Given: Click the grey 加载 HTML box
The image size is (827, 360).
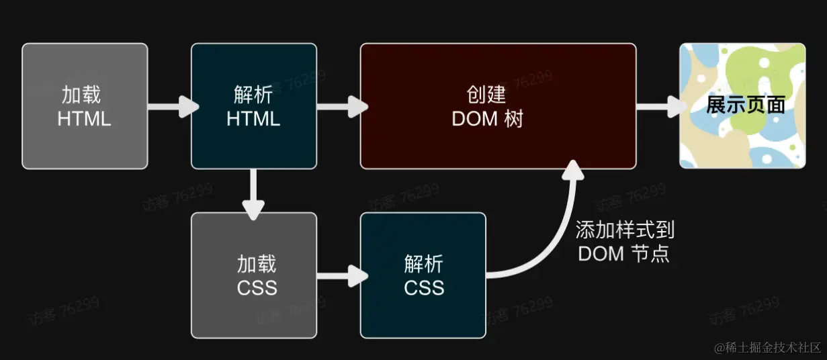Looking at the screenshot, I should click(x=85, y=106).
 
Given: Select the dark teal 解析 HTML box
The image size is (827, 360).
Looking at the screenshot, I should click(x=254, y=106).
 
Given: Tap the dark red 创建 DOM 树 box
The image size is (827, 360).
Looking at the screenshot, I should click(x=498, y=106).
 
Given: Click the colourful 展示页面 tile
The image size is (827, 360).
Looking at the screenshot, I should click(x=742, y=106).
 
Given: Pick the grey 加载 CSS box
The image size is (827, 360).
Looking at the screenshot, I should click(x=254, y=275).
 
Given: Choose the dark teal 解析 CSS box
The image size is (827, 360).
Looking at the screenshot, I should click(x=423, y=275).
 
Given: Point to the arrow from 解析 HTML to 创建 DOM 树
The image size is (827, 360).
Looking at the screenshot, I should click(x=341, y=106).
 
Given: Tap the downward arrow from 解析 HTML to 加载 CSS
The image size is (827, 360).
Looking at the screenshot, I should click(x=253, y=193).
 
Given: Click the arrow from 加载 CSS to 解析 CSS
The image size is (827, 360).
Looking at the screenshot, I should click(x=341, y=275).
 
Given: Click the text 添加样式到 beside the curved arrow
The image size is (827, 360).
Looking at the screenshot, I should click(x=625, y=230).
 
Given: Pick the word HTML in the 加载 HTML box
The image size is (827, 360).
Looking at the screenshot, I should click(x=84, y=119).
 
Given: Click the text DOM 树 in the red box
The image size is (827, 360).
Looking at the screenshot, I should click(x=487, y=119).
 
